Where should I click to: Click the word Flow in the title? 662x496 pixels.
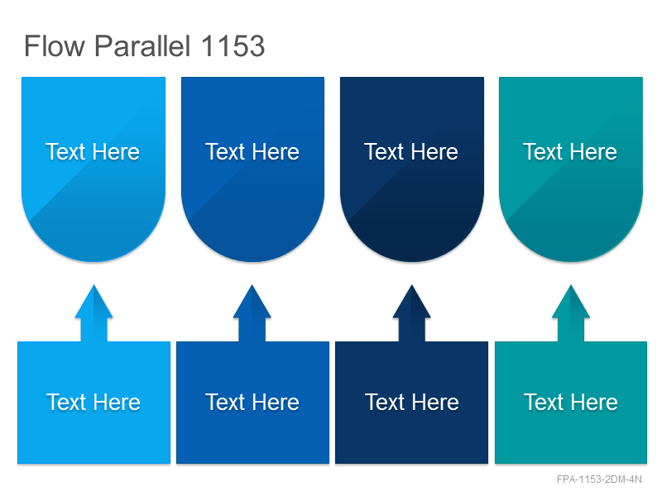point(55,45)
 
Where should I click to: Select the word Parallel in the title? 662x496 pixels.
point(142,45)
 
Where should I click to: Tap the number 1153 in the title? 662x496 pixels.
point(233,45)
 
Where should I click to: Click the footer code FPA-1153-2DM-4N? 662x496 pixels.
point(599,479)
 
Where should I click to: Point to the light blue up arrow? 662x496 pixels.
point(94,313)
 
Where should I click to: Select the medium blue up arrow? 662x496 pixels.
point(252,313)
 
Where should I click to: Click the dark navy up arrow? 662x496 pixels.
point(411,313)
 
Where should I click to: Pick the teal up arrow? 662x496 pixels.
point(571,313)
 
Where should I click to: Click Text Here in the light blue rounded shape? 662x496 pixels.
point(93,152)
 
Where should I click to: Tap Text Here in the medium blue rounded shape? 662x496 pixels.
point(252,152)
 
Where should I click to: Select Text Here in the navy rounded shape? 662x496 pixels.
point(411,152)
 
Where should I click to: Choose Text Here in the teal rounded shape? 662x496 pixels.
point(570,152)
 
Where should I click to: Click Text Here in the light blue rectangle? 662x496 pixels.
point(94,402)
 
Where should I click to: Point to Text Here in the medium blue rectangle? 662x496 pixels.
point(252,402)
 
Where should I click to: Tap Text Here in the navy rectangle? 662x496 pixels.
point(412,402)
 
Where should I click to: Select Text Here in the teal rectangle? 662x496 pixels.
point(571,402)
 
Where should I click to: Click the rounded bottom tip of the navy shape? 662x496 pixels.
point(412,261)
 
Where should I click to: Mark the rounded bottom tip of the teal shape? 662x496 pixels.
point(571,261)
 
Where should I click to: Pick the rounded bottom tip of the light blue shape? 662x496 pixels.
point(94,261)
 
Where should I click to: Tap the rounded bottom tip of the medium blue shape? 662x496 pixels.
point(252,261)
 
